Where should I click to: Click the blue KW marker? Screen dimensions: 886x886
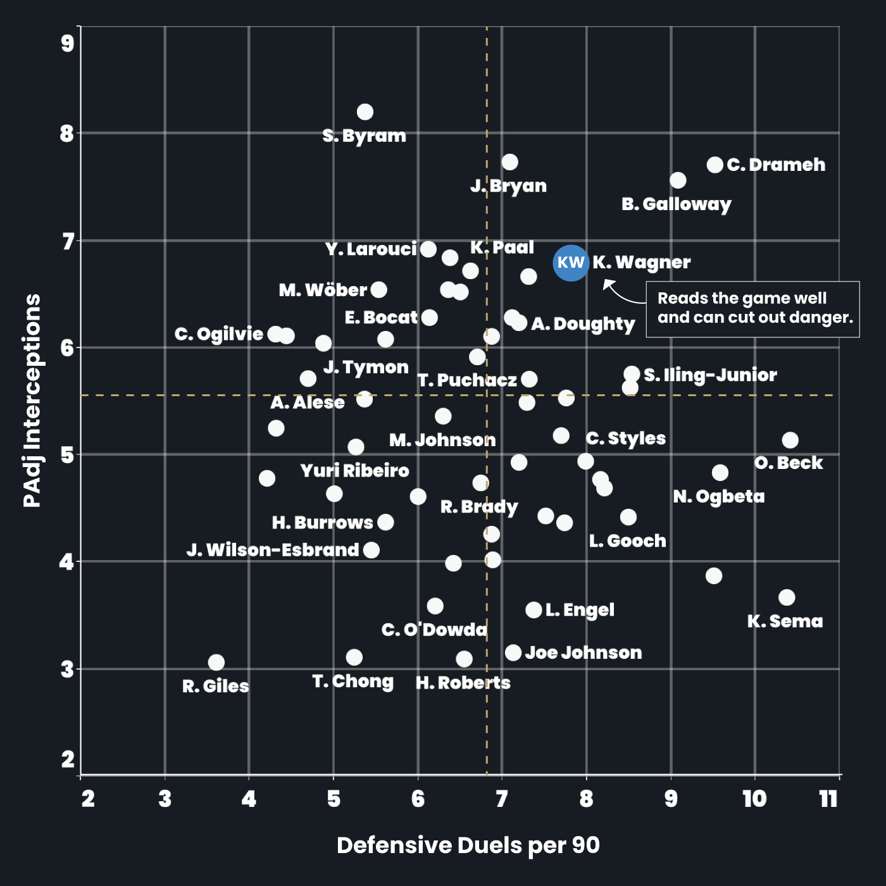point(571,263)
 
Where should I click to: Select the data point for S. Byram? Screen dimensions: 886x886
point(365,112)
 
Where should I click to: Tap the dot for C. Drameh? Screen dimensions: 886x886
point(714,165)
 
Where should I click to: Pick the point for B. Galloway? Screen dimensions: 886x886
point(678,181)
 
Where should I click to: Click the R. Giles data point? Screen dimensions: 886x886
point(216,663)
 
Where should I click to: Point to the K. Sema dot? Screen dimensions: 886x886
point(787,597)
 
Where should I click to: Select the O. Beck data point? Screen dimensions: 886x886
point(790,440)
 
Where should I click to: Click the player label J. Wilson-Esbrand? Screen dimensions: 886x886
point(273,550)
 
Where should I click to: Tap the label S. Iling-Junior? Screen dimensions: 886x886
point(710,375)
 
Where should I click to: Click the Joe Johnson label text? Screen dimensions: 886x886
point(583,653)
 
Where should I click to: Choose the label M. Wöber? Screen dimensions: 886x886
point(323,290)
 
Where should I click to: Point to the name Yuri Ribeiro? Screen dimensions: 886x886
point(354,471)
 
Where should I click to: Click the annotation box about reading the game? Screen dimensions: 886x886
point(752,309)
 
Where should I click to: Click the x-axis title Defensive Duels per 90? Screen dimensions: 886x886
point(468,845)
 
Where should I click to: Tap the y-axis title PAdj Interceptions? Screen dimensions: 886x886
point(32,400)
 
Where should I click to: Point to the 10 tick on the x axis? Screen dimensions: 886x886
point(754,799)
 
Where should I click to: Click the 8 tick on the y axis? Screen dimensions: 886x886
point(67,134)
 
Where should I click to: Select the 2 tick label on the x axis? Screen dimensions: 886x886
point(88,799)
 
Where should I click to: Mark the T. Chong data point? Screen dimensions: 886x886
point(354,658)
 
